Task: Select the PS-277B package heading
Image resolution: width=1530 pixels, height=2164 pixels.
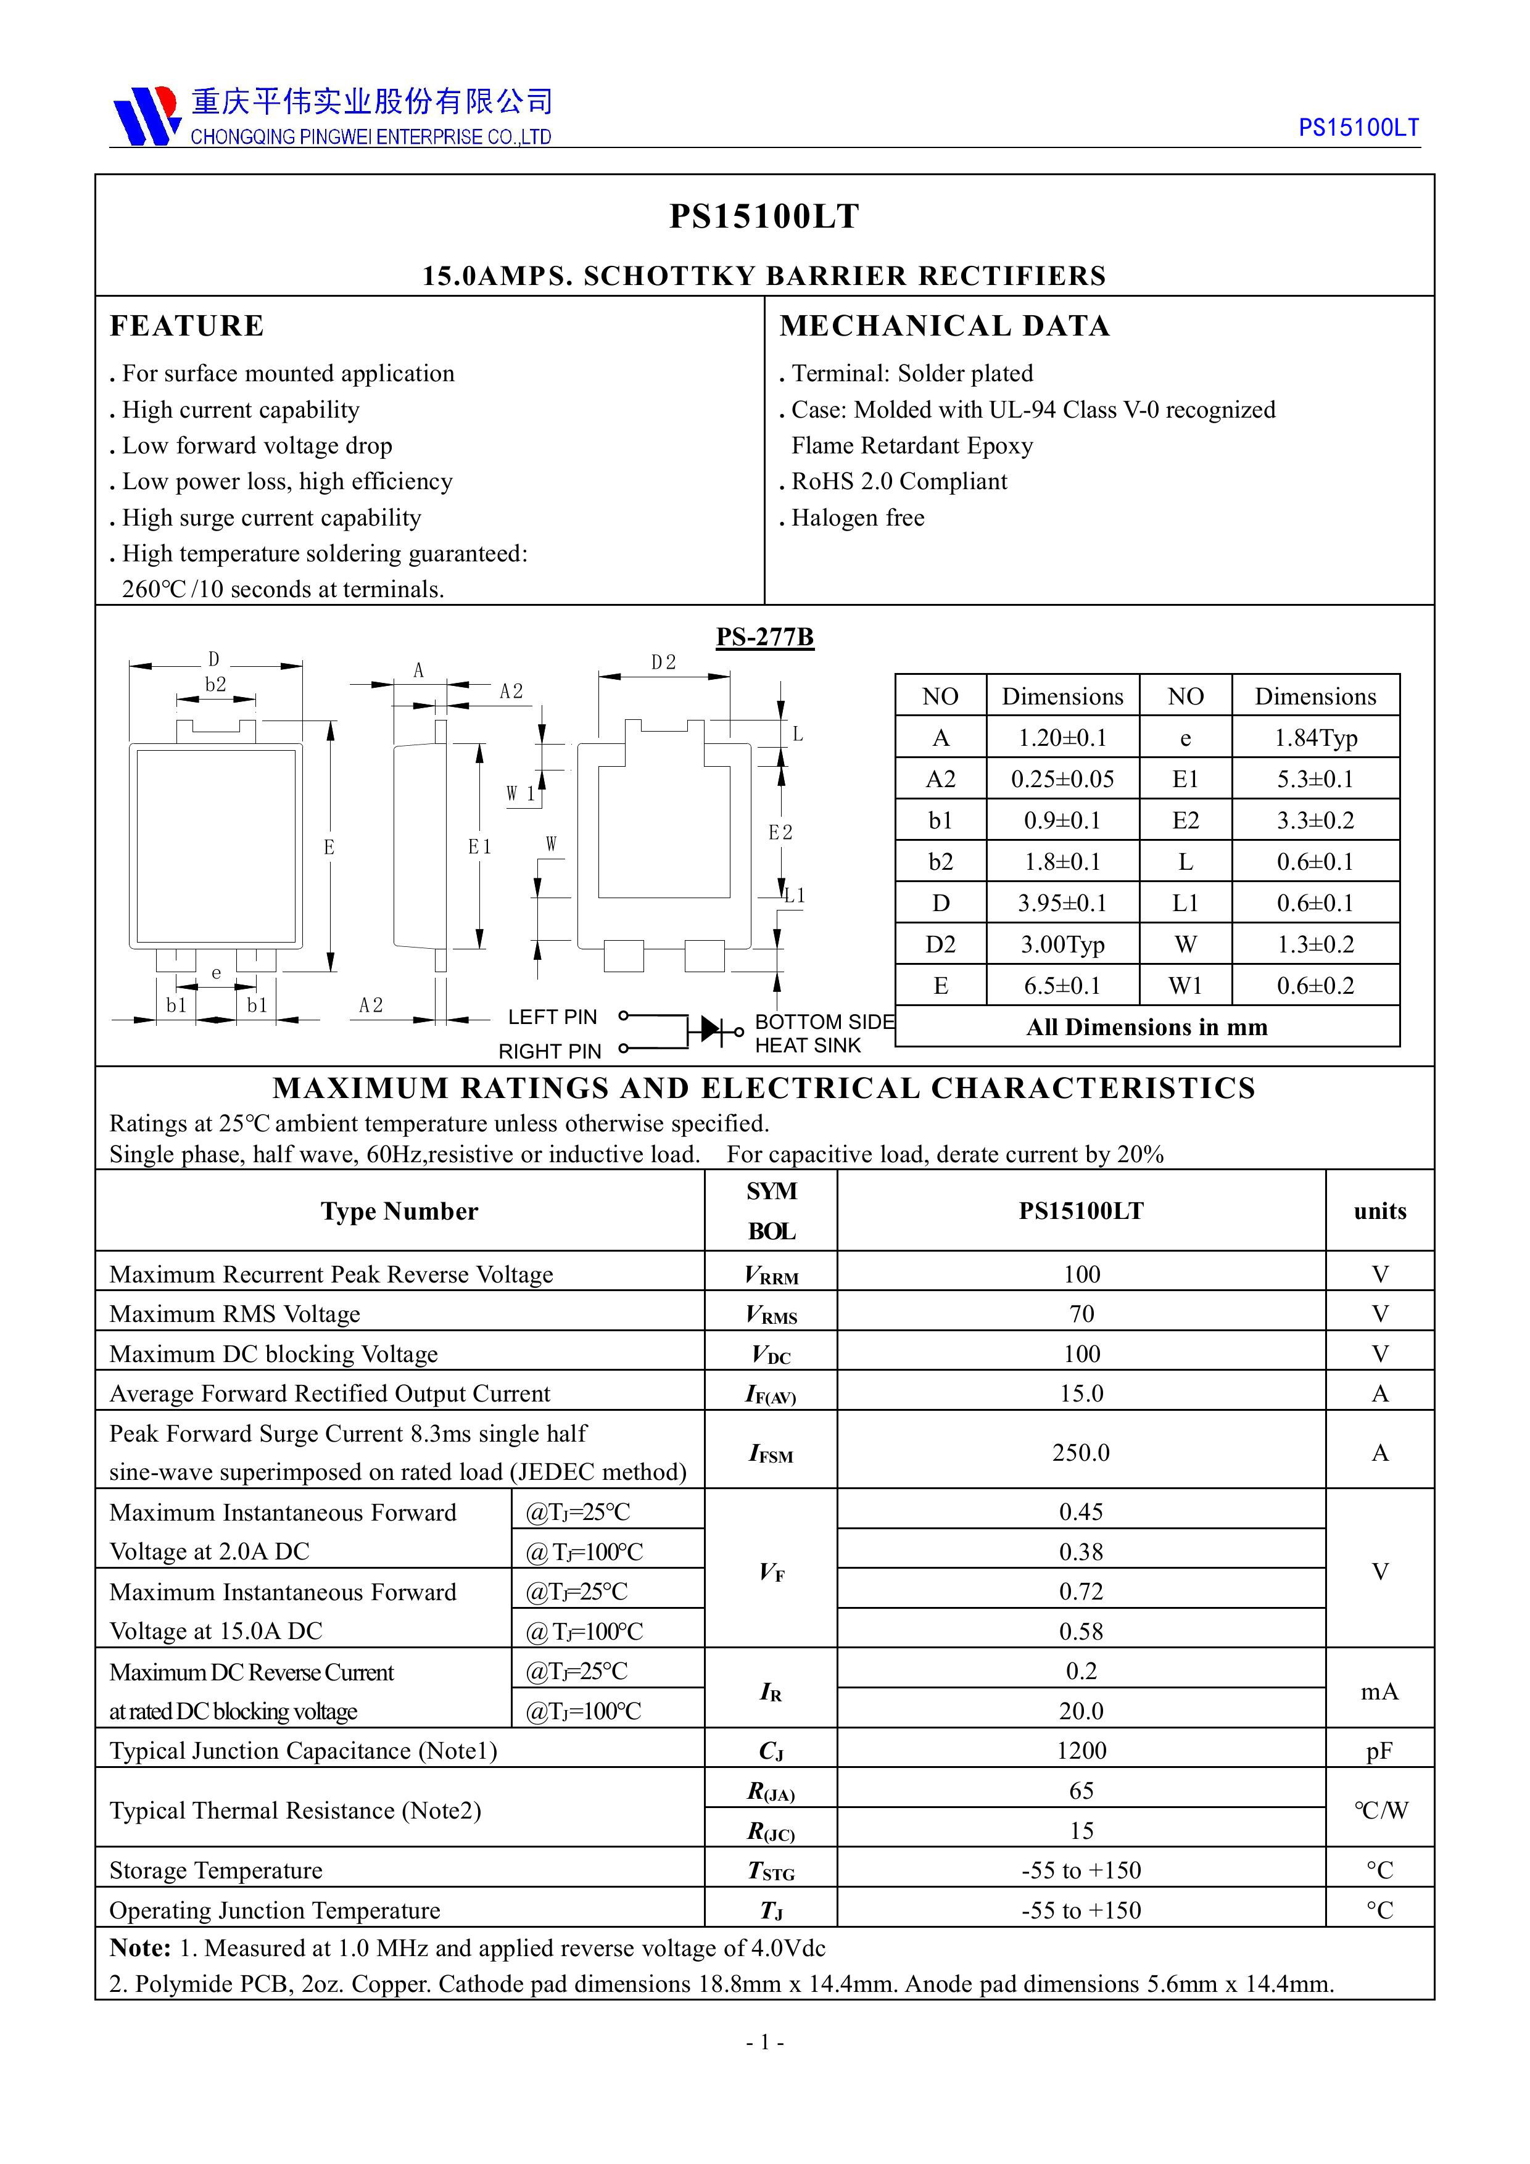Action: coord(764,637)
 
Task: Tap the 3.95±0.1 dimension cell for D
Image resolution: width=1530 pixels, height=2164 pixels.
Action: coord(1062,903)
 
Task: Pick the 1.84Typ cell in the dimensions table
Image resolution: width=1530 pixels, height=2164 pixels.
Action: coord(1315,738)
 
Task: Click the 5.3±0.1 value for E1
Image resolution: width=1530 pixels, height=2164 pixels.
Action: coord(1315,780)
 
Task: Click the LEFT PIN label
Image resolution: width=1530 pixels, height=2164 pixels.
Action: coord(552,1017)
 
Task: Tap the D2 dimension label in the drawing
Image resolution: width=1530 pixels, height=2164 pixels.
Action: coord(664,663)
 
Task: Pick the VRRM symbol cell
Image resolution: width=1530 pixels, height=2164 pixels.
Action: coord(771,1275)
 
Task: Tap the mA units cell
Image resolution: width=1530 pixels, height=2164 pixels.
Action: coord(1379,1692)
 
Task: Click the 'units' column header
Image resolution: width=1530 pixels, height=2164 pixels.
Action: coord(1379,1211)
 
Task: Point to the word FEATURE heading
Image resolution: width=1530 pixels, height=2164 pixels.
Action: coord(187,326)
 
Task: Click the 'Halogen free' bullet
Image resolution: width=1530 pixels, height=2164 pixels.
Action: coord(857,518)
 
